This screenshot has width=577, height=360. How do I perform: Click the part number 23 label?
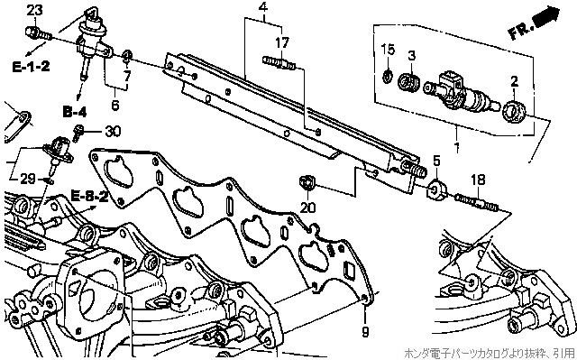[x=34, y=10]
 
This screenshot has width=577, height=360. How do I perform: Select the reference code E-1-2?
[x=31, y=67]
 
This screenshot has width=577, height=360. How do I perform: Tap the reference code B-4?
[x=75, y=112]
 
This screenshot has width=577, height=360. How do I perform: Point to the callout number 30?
[x=113, y=131]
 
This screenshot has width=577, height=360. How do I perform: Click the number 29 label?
[x=28, y=179]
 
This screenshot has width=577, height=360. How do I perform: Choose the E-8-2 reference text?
[x=90, y=196]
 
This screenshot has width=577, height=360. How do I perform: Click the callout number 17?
[x=282, y=42]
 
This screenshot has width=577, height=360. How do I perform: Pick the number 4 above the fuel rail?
[x=263, y=7]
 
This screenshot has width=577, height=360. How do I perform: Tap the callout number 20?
[x=307, y=208]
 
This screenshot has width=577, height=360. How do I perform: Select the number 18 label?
[x=478, y=180]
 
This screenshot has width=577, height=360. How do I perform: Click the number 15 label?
[x=388, y=50]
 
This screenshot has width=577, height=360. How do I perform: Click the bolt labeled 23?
[x=38, y=33]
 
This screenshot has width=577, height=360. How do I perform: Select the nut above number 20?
[x=307, y=183]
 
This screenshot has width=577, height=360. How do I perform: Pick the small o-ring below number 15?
[x=387, y=77]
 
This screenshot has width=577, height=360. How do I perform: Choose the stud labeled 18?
[x=476, y=202]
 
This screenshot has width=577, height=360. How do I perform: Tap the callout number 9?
[x=365, y=332]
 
